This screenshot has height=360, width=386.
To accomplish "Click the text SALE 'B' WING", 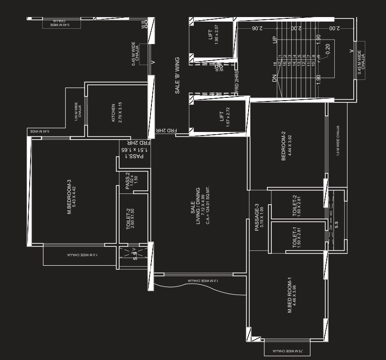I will pos(177,75).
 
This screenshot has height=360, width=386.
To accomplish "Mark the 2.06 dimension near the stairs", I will pos(256,28).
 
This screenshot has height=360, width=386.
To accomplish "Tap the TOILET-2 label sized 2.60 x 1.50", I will pos(128,219).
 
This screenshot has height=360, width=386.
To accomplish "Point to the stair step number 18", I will pos(275,64).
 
